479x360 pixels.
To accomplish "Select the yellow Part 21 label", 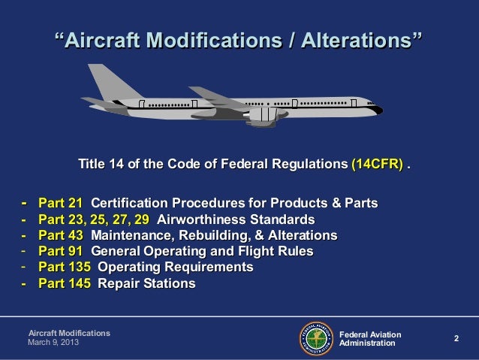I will pos(60,204).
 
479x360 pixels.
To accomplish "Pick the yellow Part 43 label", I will pos(60,236).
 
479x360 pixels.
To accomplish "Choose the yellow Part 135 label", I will pos(65,268).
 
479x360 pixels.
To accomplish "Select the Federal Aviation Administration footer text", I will pos(370,338).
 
